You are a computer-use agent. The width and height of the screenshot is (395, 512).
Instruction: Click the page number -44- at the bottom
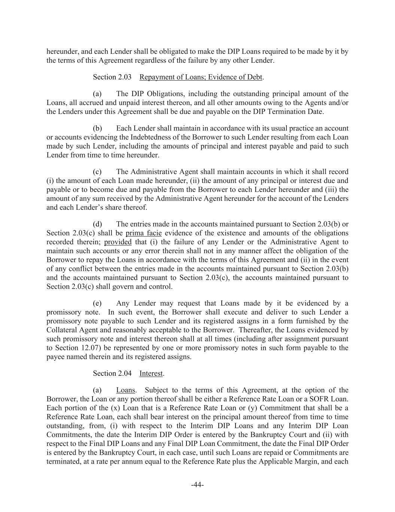(x=197, y=485)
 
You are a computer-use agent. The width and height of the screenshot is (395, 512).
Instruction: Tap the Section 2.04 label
(x=112, y=374)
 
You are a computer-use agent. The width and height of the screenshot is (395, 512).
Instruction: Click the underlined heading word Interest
(x=151, y=374)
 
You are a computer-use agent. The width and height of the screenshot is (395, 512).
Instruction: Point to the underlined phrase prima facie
(x=143, y=233)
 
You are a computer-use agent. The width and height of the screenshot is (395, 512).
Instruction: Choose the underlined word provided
(x=118, y=242)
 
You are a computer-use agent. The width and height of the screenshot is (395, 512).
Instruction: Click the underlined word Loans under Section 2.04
(x=126, y=390)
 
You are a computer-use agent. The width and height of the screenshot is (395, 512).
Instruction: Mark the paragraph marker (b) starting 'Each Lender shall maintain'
(x=97, y=129)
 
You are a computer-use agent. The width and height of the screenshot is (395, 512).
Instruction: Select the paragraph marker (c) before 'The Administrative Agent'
(x=97, y=172)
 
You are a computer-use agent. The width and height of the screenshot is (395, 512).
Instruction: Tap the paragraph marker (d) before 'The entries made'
(x=97, y=224)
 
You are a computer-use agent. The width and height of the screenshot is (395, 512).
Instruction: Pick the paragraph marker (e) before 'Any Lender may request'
(x=97, y=303)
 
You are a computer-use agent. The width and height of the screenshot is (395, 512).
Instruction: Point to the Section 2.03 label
(x=112, y=77)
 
